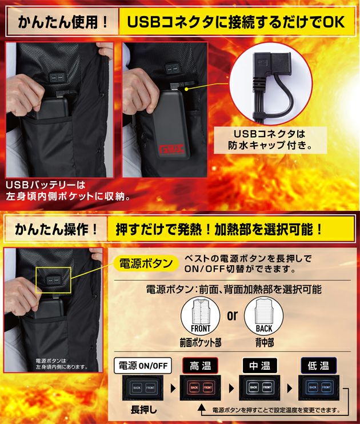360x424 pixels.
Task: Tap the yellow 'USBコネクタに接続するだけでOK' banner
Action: [234, 22]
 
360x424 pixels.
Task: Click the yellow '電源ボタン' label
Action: [145, 263]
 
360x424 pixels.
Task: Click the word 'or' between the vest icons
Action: [232, 315]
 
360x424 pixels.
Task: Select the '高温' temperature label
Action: [199, 365]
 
